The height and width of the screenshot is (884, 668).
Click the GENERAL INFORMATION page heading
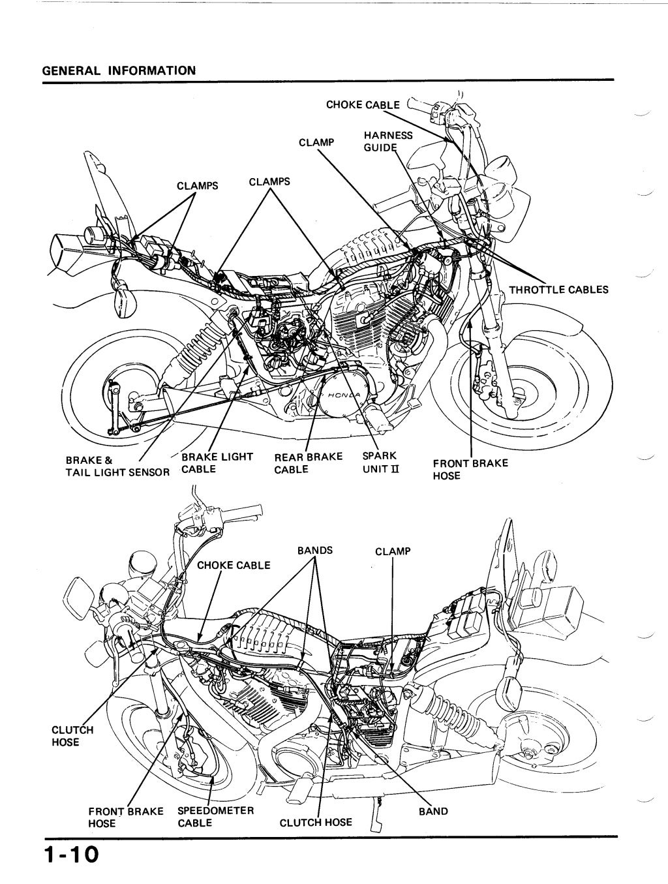coord(118,70)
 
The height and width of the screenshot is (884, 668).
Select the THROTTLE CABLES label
coord(558,290)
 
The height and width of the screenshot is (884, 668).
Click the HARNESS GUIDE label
coord(387,141)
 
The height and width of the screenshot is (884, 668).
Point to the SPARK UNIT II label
coord(379,463)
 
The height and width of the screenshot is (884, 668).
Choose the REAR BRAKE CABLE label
coord(308,463)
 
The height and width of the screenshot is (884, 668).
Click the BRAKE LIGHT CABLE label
coord(217,463)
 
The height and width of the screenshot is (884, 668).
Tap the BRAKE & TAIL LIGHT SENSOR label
coord(117,466)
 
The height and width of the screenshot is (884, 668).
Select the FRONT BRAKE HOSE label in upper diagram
coord(470,469)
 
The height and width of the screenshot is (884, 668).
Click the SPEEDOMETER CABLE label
coord(215,817)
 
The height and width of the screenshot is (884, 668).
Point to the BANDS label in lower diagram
coord(314,550)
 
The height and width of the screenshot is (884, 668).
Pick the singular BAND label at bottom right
coord(433,812)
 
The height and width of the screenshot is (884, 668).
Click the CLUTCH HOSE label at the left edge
coord(72,736)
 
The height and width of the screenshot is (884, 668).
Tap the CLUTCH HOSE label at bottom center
coord(315,823)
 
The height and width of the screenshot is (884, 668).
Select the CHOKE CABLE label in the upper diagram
coord(363,104)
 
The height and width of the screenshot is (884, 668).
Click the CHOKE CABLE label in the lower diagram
coord(233,565)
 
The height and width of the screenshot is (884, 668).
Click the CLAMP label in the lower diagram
coord(393,551)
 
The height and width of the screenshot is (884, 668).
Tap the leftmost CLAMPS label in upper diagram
coord(197,185)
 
